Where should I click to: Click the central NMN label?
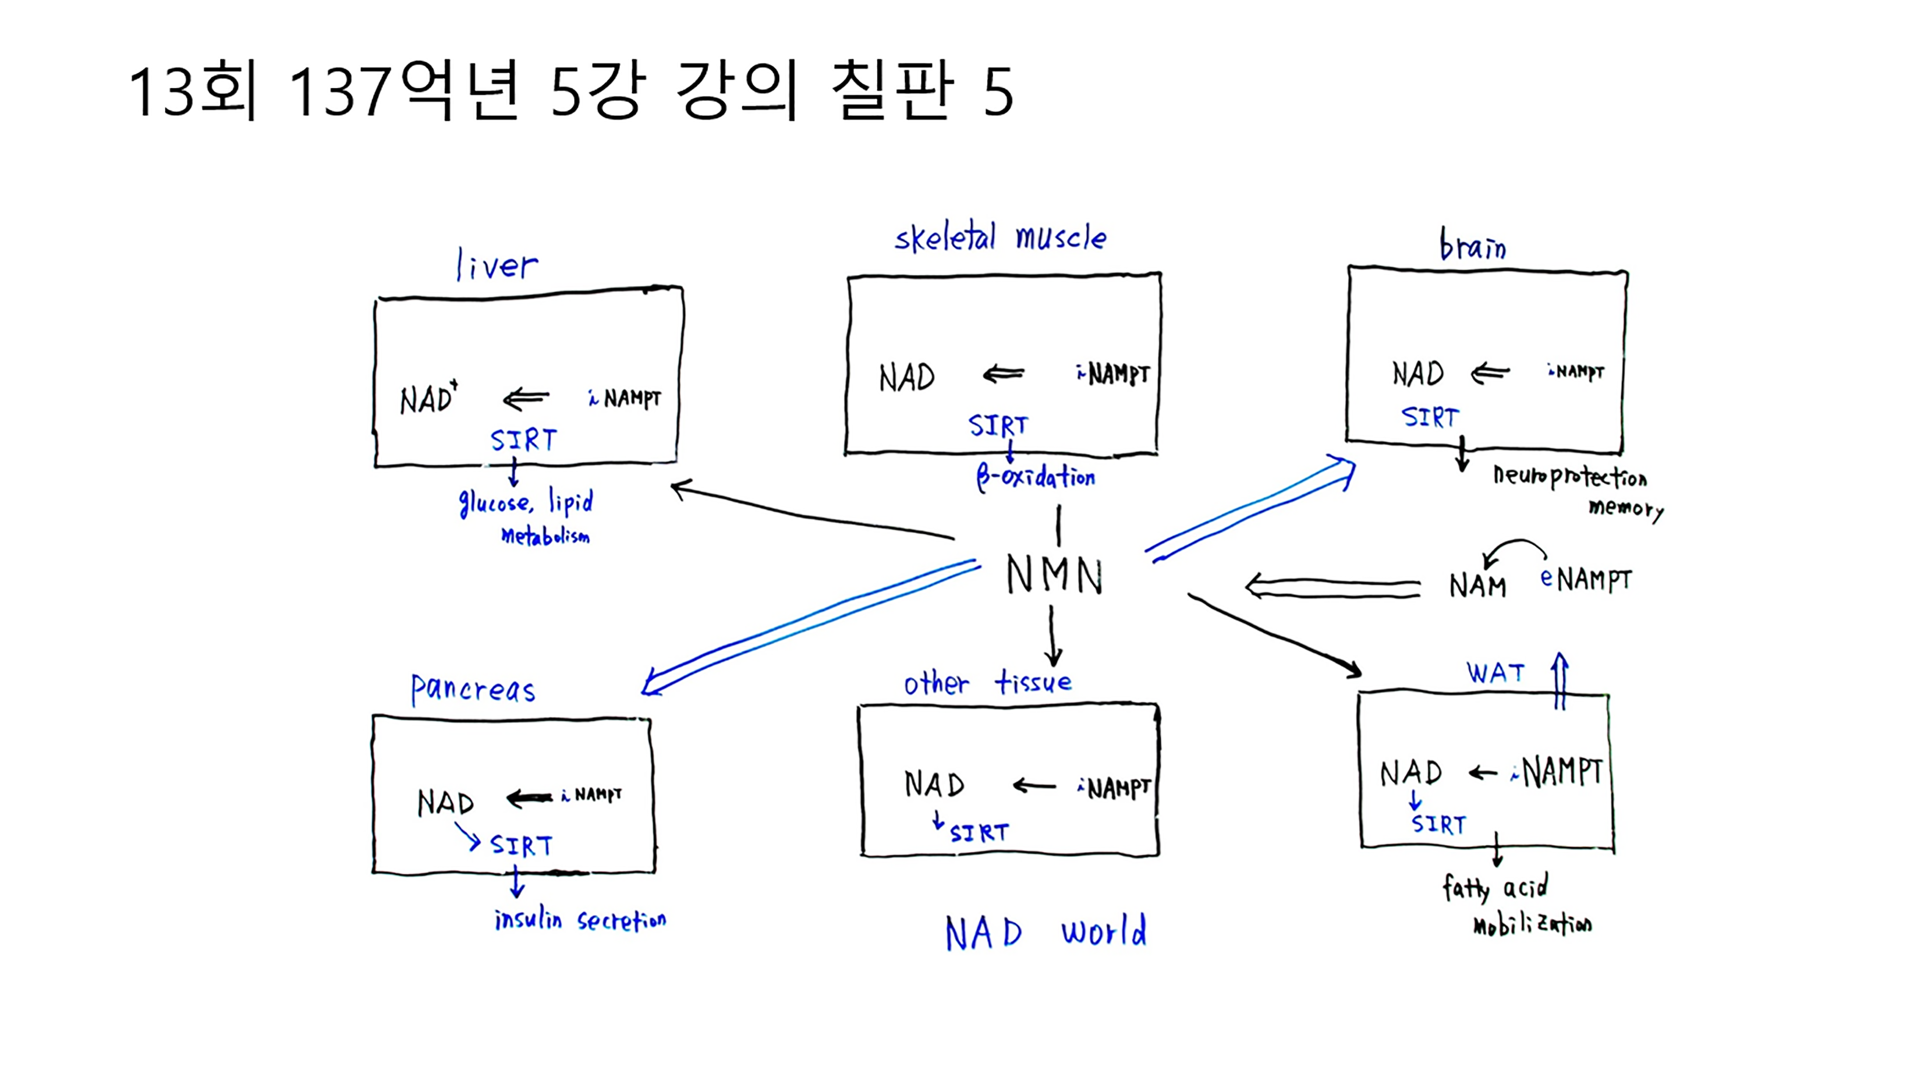tap(1054, 575)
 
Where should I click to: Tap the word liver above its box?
tap(497, 265)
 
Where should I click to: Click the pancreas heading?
tap(473, 689)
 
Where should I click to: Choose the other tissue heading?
tap(987, 682)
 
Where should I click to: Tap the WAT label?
tap(1495, 672)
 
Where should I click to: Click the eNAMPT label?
tap(1586, 579)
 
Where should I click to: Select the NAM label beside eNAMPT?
tap(1477, 586)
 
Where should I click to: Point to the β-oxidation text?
tap(1036, 477)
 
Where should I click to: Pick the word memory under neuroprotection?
tap(1626, 509)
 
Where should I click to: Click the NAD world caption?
tap(1045, 933)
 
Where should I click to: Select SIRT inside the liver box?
tap(523, 440)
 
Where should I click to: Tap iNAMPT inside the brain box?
tap(1575, 371)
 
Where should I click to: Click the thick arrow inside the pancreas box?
tap(530, 799)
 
